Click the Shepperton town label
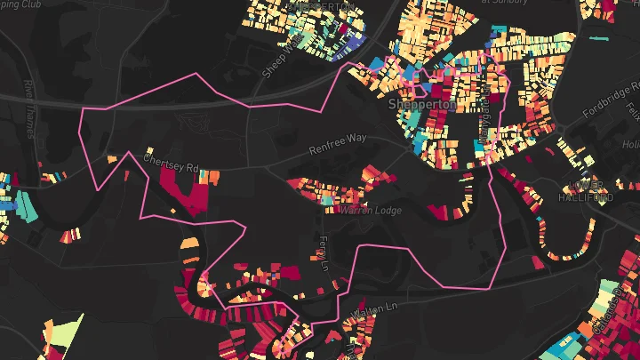[422, 105]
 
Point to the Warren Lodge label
[372, 211]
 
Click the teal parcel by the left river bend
[26, 206]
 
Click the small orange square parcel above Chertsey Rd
[113, 159]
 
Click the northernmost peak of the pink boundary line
[196, 73]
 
